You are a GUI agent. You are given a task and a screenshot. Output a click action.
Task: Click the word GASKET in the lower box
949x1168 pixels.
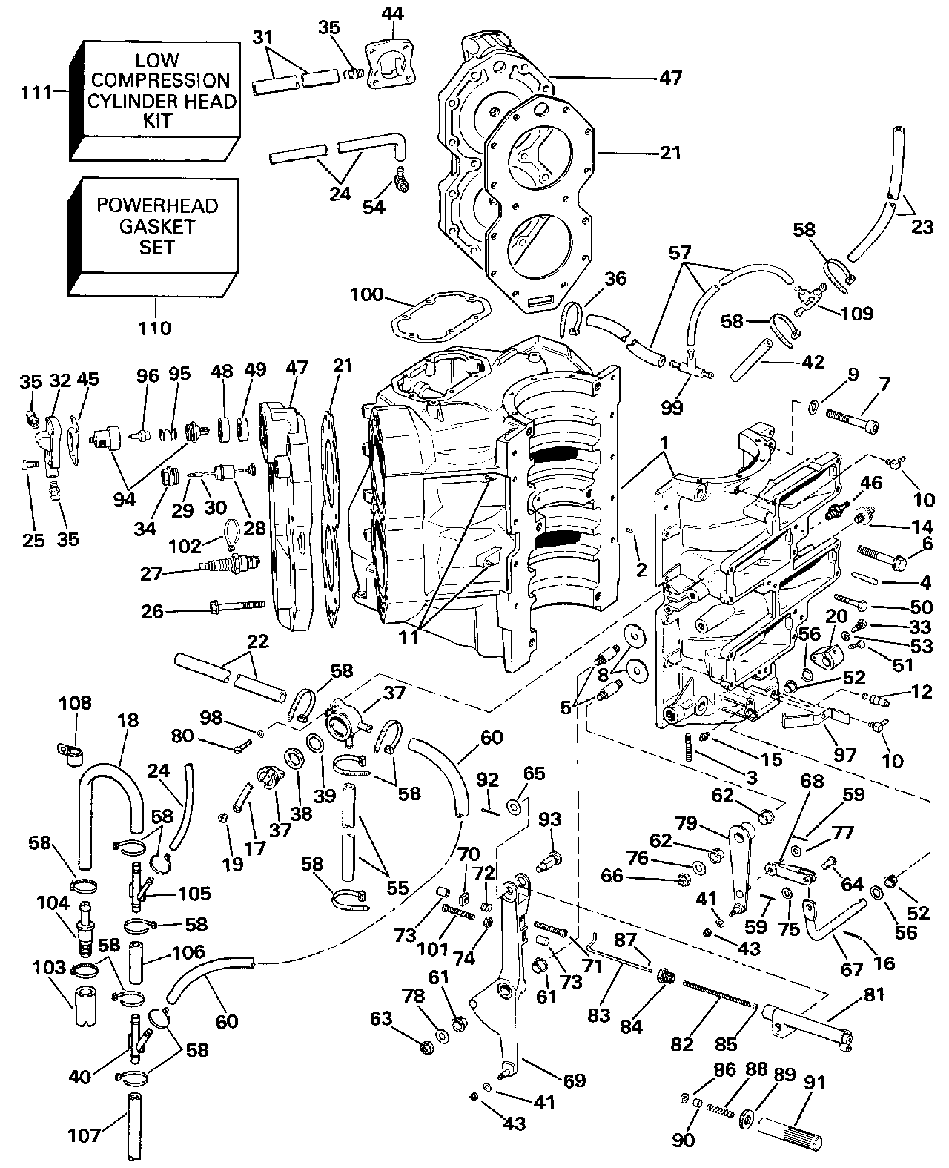click(x=156, y=226)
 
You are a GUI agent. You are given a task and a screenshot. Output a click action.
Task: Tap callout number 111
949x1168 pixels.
click(x=37, y=93)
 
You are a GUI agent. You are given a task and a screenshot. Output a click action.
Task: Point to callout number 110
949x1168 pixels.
click(x=156, y=327)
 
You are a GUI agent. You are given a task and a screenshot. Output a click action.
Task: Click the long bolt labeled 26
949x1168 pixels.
click(x=237, y=611)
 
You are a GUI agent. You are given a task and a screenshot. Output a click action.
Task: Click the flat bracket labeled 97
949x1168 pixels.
click(x=814, y=719)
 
